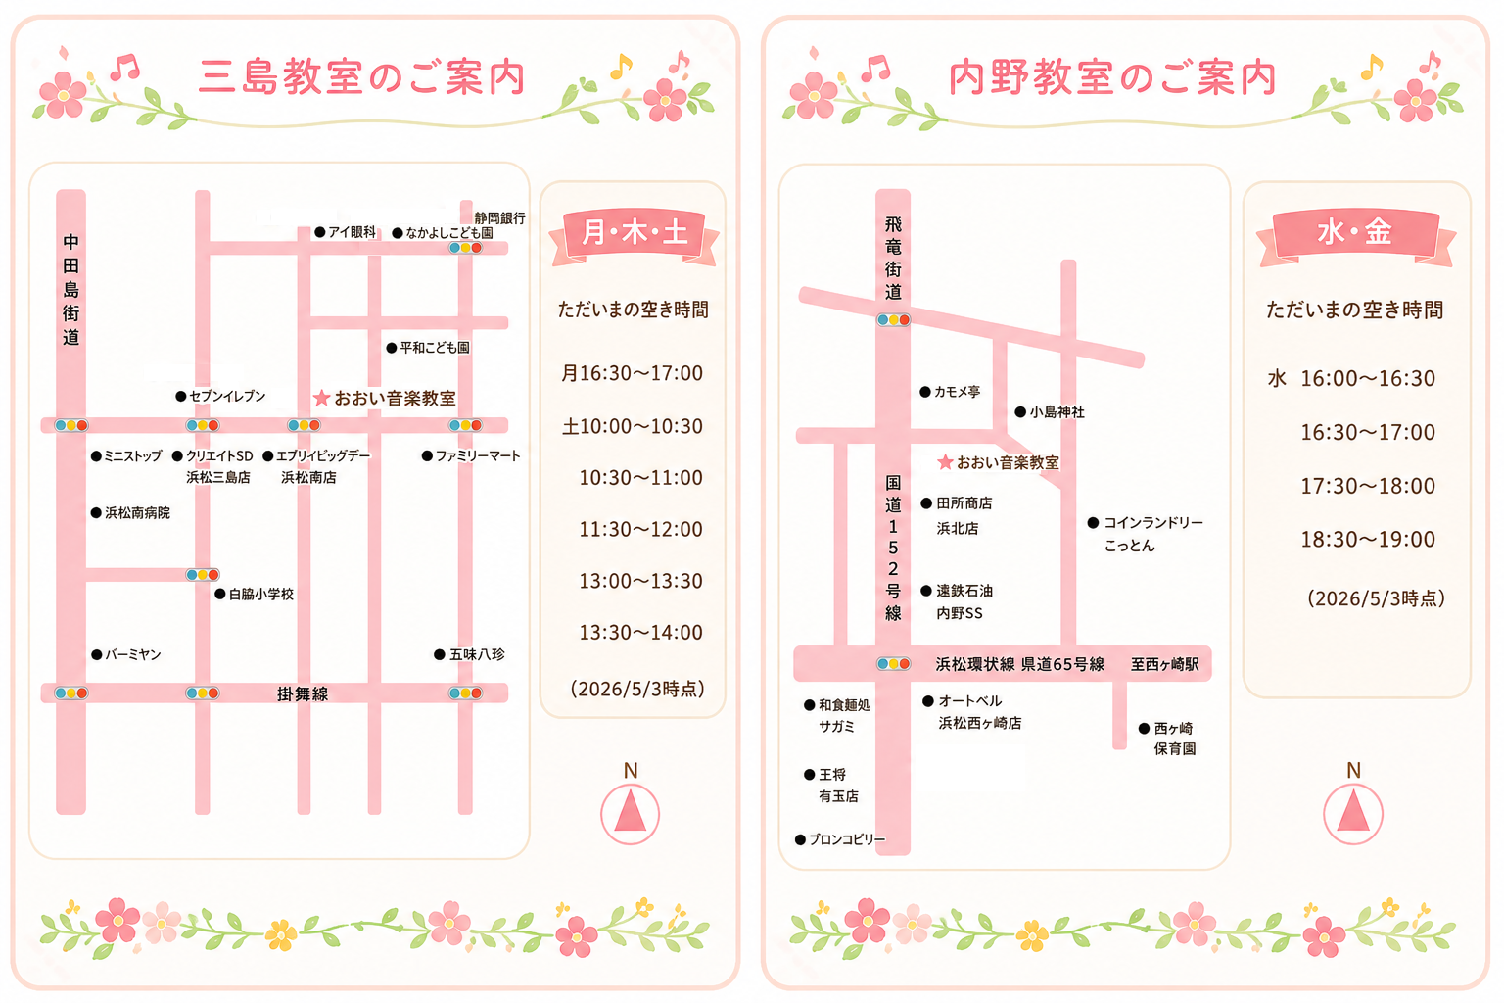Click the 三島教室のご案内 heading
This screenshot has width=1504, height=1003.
pos(361,77)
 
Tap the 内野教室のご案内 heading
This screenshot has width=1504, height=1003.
pos(1112,77)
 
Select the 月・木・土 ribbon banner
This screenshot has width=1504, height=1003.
pos(634,234)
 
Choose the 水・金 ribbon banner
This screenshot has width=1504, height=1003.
pos(1355,234)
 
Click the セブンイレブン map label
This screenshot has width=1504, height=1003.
pos(221,397)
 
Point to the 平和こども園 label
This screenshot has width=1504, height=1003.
pos(428,348)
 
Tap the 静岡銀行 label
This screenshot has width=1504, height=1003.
pos(499,217)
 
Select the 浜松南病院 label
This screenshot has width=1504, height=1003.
pos(131,512)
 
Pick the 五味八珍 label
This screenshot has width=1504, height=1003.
pos(469,654)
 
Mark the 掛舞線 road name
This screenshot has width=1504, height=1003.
pos(303,694)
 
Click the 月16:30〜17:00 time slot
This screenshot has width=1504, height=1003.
pos(632,373)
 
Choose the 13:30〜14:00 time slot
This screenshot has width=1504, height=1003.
pos(640,632)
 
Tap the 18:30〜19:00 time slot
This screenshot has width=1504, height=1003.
pos(1368,539)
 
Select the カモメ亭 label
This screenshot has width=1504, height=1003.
pos(950,392)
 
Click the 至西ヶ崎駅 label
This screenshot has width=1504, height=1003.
pos(1165,664)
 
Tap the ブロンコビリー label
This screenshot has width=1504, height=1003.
pos(840,839)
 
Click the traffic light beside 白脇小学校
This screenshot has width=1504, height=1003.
pos(202,574)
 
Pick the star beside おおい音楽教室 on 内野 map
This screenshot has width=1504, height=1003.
pos(945,461)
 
